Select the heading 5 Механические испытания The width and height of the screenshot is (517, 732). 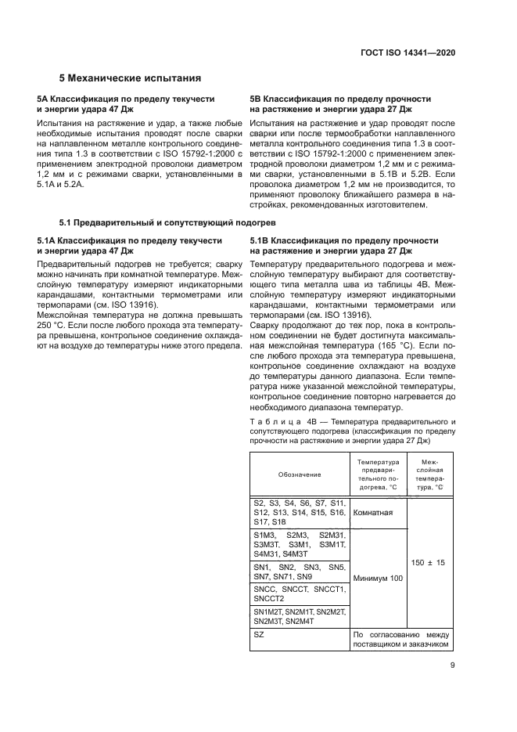pyautogui.click(x=131, y=78)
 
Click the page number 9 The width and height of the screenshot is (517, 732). pyautogui.click(x=453, y=666)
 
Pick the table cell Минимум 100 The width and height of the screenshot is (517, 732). pyautogui.click(x=378, y=600)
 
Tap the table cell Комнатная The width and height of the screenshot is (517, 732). pyautogui.click(x=373, y=513)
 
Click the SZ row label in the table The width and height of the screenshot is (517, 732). pyautogui.click(x=260, y=634)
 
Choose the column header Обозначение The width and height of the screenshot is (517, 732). pyautogui.click(x=299, y=474)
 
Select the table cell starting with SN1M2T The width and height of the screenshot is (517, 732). pyautogui.click(x=299, y=615)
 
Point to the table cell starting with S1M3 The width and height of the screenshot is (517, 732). pyautogui.click(x=299, y=543)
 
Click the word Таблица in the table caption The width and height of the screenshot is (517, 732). pyautogui.click(x=271, y=422)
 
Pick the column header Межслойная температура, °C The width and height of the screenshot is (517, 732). pyautogui.click(x=430, y=474)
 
